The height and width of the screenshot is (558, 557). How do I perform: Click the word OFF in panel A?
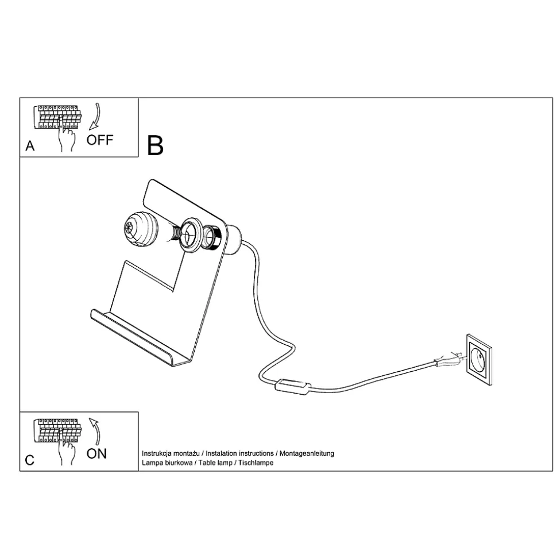click(99, 140)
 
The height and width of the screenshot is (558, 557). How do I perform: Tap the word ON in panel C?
click(96, 454)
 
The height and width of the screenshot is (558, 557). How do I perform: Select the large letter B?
click(155, 145)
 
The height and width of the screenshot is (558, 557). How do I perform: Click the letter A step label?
click(30, 146)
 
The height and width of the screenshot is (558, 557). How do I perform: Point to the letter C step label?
click(30, 460)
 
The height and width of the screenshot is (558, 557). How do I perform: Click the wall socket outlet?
click(479, 360)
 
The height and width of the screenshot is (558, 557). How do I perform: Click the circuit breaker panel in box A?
click(57, 117)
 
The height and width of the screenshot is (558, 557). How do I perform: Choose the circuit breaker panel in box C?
click(57, 431)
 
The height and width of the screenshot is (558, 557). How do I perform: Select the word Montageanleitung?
click(307, 453)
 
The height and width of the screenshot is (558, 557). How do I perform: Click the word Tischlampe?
click(256, 463)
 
